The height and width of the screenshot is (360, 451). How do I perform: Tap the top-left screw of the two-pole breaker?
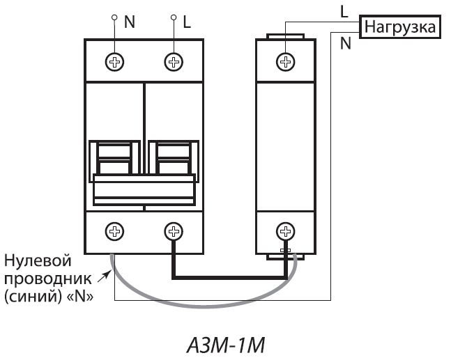(x=114, y=62)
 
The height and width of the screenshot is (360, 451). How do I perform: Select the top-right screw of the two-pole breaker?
(x=173, y=62)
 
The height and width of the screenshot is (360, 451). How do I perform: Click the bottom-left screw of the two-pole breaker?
(x=114, y=230)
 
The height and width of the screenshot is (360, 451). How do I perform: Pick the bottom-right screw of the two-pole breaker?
(x=173, y=230)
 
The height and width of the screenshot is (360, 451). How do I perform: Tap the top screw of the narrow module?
(x=285, y=62)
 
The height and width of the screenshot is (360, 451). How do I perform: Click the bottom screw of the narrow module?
(x=285, y=230)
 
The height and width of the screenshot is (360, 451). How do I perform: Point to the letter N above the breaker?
(x=130, y=21)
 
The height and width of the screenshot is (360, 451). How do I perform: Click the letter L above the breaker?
(x=187, y=21)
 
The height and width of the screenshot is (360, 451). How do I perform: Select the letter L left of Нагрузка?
(x=344, y=11)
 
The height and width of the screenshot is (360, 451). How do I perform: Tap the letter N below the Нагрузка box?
(x=345, y=44)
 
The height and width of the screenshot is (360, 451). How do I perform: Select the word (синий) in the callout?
(x=32, y=296)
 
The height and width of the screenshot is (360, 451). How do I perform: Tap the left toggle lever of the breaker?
(x=114, y=157)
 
